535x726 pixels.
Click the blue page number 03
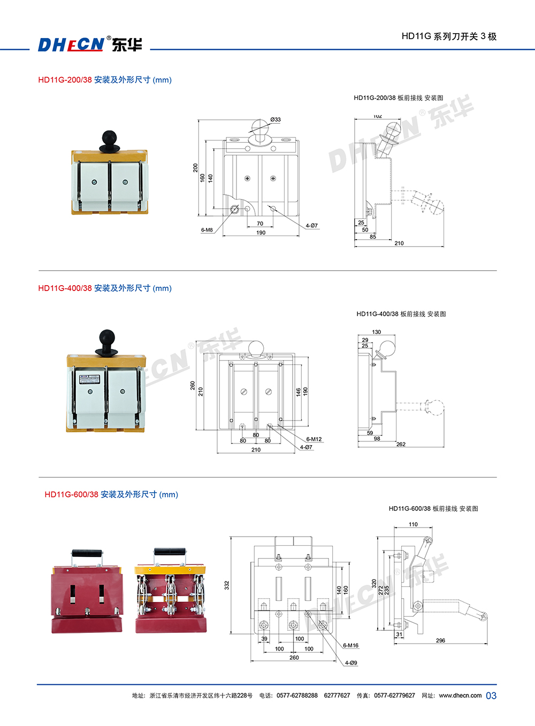[491, 696]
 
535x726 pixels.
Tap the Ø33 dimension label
[276, 120]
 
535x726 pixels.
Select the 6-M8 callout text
[207, 230]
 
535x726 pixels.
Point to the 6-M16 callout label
[351, 646]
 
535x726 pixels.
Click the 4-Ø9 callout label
[351, 663]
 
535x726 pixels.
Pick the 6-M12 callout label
[314, 439]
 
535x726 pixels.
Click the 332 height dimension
[227, 585]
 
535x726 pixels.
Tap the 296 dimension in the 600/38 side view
[440, 640]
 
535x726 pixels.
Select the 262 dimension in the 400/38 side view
[401, 444]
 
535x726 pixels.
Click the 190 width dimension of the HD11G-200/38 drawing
[261, 233]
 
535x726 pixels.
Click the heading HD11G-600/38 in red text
[72, 494]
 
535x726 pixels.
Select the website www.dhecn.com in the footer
[460, 696]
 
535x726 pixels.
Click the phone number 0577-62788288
[297, 696]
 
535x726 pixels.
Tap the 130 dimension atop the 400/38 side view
[377, 332]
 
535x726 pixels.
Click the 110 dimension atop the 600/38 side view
[413, 524]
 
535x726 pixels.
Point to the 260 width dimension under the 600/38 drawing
[294, 658]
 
